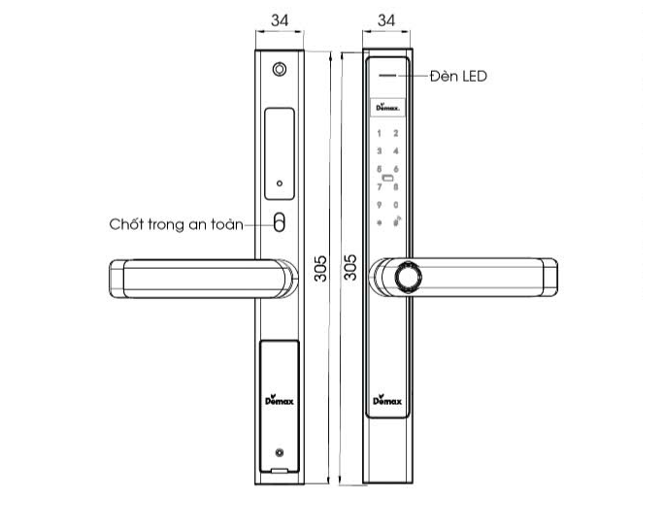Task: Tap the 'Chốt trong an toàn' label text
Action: [x=175, y=223]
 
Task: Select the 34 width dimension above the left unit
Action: [x=280, y=19]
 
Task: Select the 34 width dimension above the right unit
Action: [x=386, y=19]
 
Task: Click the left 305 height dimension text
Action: [x=322, y=268]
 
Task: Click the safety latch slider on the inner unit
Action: [x=280, y=223]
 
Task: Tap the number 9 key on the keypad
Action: [x=380, y=205]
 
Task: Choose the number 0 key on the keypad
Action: [x=396, y=205]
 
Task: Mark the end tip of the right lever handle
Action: [x=551, y=276]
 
